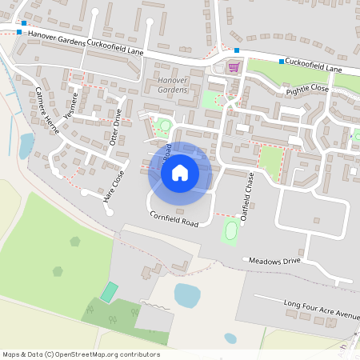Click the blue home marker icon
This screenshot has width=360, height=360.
[180, 171]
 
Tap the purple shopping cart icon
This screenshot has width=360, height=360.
[234, 67]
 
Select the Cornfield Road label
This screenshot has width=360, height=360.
[174, 218]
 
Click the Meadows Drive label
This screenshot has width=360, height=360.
[274, 261]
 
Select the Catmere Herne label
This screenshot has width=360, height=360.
[46, 107]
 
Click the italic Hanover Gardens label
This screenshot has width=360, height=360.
[172, 86]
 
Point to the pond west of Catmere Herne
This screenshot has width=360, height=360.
[26, 145]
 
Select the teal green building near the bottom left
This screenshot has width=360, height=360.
[109, 292]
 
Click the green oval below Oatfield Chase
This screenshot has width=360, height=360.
[231, 233]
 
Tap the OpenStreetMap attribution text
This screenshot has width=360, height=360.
[81, 354]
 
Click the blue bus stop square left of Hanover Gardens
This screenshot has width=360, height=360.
[19, 32]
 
